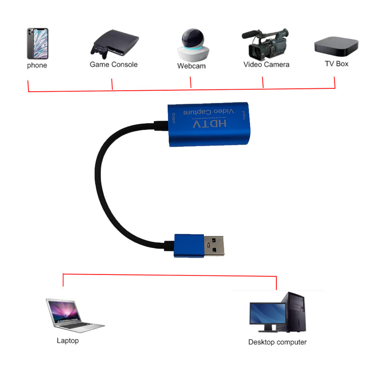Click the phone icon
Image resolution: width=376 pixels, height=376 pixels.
37,43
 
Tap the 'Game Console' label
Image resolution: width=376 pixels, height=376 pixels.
113,64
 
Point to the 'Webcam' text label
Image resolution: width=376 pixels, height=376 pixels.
191,66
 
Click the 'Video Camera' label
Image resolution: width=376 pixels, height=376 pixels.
266,64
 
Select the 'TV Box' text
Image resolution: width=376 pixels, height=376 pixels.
337,63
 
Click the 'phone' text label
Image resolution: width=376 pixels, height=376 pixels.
37,65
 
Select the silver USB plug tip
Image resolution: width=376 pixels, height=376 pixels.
217,246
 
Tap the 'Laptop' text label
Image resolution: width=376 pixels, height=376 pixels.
68,341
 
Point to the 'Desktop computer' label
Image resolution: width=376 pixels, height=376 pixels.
277,342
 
